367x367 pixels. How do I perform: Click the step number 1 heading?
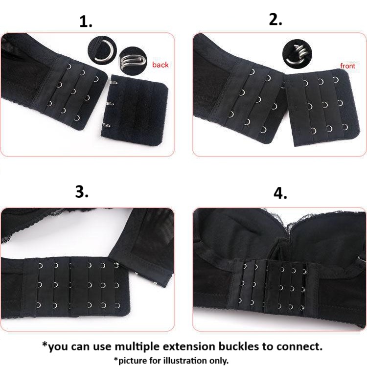86,22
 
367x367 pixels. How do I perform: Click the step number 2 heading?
276,20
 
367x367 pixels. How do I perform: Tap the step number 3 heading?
82,192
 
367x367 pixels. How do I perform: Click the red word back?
160,65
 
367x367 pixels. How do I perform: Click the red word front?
347,66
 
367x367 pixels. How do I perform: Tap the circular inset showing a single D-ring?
101,50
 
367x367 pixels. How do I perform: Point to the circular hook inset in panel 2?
297,52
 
